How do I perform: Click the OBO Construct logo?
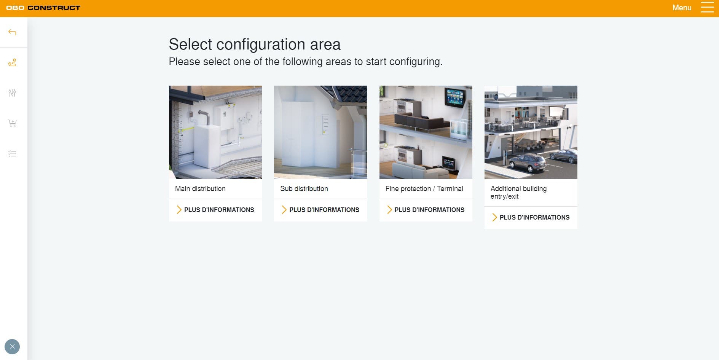(x=43, y=8)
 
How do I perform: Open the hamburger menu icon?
(x=707, y=8)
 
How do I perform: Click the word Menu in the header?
(x=682, y=8)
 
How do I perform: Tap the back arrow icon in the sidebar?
(x=12, y=32)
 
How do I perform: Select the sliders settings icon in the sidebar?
(x=12, y=93)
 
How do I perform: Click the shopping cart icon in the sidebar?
(x=12, y=123)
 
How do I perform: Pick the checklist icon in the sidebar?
(x=12, y=154)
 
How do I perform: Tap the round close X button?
(x=12, y=347)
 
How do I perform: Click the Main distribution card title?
(x=200, y=189)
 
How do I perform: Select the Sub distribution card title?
(x=304, y=189)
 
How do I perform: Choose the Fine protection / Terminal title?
(x=424, y=189)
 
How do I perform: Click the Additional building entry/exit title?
(x=518, y=193)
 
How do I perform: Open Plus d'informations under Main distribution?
(x=215, y=210)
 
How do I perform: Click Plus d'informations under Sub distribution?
(x=320, y=210)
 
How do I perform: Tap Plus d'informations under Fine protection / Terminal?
(x=426, y=210)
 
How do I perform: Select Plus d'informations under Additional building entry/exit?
(x=531, y=217)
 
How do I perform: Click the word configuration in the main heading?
(x=261, y=45)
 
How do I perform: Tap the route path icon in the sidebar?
(x=12, y=62)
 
